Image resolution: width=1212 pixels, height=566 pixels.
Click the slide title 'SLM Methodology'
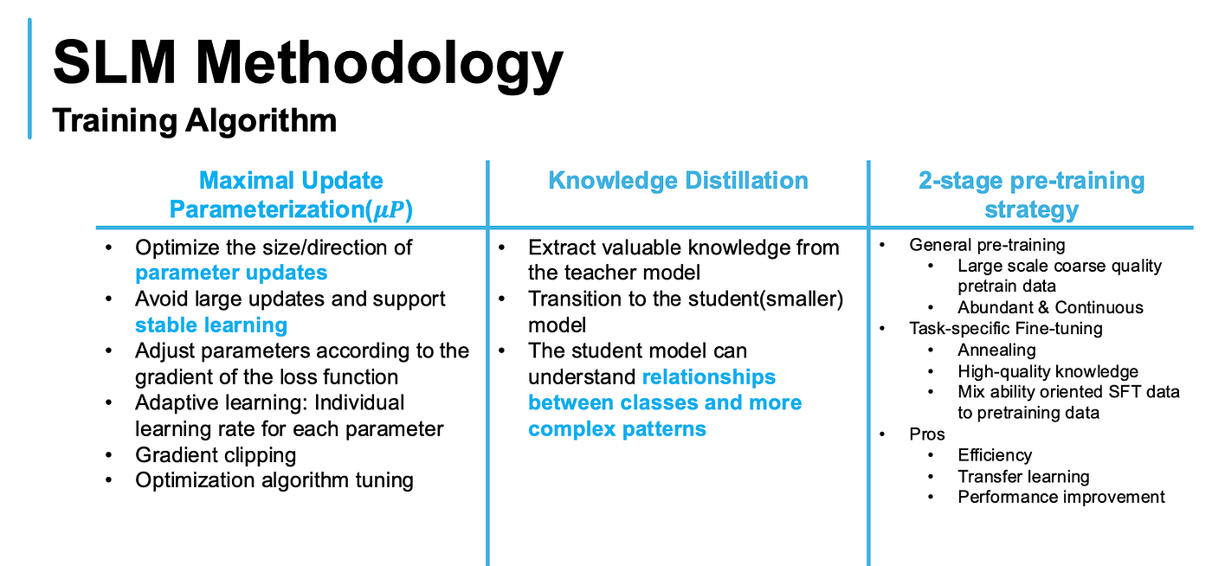coord(308,64)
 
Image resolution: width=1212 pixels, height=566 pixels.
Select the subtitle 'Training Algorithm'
coord(194,120)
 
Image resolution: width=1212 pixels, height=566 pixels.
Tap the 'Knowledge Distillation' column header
coord(678,180)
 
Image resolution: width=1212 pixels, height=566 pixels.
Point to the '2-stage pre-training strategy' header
coord(1031,195)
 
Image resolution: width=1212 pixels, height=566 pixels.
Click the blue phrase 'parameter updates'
coord(231,273)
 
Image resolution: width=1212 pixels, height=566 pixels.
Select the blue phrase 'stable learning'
coord(211,325)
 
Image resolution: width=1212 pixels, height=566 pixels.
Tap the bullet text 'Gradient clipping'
coord(216,455)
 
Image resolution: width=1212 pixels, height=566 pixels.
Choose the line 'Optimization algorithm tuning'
coord(274,480)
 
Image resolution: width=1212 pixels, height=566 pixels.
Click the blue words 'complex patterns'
coord(616,429)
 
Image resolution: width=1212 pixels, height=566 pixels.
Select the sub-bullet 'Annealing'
coord(996,351)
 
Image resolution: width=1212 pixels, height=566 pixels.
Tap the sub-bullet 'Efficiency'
coord(995,455)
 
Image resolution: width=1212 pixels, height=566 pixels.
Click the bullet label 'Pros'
coord(927,434)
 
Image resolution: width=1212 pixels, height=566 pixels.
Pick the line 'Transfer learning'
coord(1023,476)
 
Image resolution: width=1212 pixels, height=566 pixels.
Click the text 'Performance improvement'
coord(1061,497)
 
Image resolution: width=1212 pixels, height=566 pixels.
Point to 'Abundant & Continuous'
coord(1050,307)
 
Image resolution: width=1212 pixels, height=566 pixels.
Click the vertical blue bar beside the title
coord(29,79)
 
